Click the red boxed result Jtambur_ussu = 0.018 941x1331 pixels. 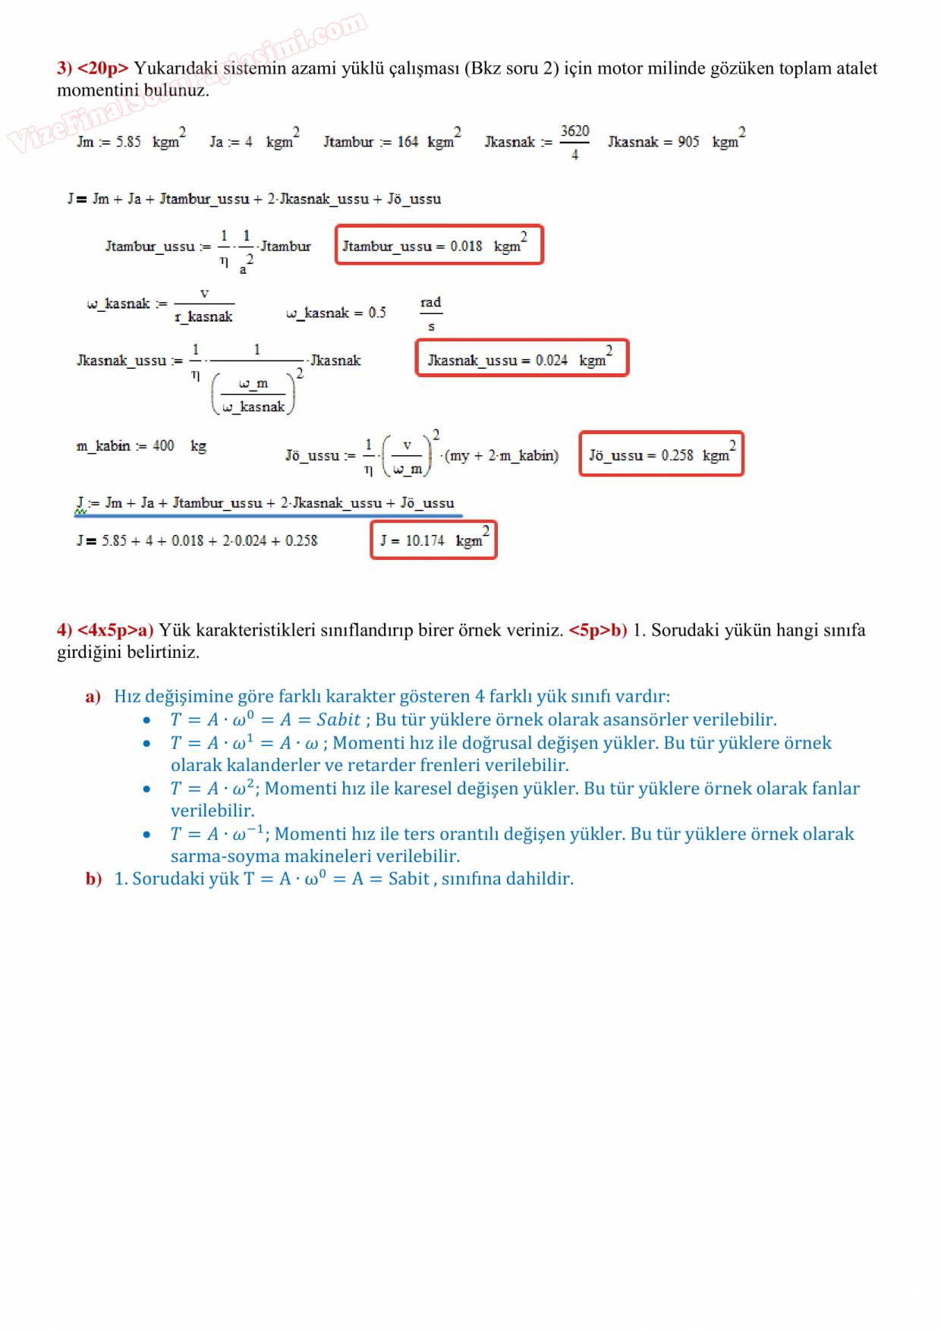(439, 245)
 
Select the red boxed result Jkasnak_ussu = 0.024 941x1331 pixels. (522, 358)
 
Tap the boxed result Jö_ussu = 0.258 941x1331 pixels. (661, 454)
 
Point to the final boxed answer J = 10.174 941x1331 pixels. (433, 540)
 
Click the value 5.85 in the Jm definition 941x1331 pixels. (127, 142)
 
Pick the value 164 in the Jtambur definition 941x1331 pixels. (408, 142)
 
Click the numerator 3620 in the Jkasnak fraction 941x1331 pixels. (574, 131)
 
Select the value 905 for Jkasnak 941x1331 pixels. (688, 142)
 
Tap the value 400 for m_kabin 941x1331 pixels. (163, 445)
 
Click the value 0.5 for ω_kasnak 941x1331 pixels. (377, 313)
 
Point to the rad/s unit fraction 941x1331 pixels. (431, 313)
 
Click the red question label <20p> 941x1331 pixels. (103, 68)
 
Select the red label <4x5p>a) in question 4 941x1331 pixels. (115, 630)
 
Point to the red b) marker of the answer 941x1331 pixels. (93, 879)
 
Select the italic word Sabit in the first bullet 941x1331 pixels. (338, 719)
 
